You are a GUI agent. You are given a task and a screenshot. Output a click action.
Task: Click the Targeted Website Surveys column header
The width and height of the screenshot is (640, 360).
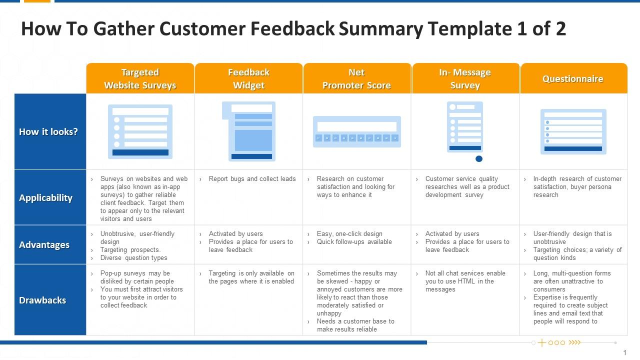point(140,78)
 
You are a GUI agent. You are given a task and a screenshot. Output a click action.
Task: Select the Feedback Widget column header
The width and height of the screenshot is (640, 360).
point(248,78)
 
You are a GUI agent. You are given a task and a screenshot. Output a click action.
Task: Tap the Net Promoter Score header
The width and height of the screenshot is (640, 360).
point(356,78)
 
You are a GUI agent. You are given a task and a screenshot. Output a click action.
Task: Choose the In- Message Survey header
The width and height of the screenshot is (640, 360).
point(465,78)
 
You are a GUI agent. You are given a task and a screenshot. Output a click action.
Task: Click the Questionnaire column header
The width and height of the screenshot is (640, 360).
point(573,78)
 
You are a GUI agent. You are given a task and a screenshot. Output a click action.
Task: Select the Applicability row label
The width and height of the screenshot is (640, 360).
point(46,197)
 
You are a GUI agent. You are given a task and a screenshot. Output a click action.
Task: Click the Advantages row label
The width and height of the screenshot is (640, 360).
point(44,245)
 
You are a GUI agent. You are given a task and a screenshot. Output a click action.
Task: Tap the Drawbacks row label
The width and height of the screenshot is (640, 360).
point(43,300)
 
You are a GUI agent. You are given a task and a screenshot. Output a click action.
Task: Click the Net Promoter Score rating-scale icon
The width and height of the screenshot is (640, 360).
point(356,132)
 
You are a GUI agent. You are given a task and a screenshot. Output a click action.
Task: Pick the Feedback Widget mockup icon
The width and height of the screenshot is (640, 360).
point(248,131)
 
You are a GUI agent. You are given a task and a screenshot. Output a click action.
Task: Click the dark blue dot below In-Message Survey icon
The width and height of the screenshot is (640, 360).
point(479,159)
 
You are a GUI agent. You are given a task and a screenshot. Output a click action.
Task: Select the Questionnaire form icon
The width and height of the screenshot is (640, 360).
point(573,131)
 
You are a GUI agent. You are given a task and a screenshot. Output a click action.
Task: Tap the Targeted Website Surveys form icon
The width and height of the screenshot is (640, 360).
point(140,131)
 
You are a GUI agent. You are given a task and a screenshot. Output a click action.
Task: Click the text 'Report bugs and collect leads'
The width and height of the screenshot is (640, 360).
point(252,179)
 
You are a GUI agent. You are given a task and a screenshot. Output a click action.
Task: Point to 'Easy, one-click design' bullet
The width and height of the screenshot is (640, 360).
point(349,234)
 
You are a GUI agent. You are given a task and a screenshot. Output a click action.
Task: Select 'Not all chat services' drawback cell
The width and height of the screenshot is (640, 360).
point(465,281)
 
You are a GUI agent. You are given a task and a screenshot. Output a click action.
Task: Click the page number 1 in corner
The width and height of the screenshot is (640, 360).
point(624,352)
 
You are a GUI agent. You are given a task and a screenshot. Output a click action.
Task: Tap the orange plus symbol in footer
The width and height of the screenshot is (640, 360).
point(541,343)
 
